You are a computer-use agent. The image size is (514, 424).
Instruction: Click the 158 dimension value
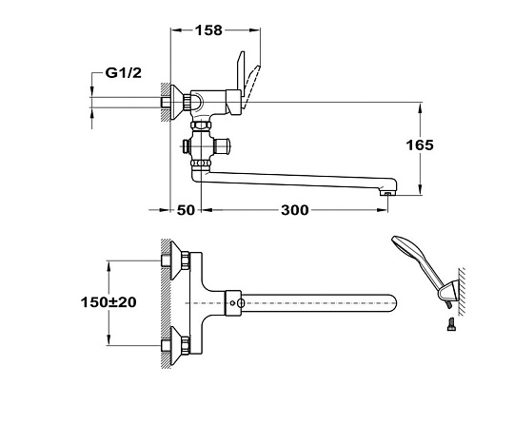208,30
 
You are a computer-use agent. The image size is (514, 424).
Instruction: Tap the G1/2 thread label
123,72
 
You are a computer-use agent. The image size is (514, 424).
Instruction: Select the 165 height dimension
420,145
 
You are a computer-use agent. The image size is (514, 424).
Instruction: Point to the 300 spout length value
295,210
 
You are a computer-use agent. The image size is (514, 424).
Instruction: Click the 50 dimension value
186,210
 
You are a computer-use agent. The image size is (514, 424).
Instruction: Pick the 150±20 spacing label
109,302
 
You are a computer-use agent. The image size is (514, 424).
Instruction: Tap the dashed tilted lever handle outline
251,87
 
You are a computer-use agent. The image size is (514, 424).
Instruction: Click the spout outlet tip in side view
387,194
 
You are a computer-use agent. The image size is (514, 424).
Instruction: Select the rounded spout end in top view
393,303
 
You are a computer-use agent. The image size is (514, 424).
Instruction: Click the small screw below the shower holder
451,324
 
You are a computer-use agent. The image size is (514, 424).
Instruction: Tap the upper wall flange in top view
176,260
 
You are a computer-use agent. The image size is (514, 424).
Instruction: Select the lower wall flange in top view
176,345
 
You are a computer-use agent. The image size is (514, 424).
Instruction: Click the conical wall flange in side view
176,103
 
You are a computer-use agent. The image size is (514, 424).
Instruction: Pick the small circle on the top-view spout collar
232,303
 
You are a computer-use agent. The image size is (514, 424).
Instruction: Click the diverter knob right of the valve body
222,145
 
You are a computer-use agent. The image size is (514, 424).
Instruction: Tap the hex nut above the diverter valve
202,125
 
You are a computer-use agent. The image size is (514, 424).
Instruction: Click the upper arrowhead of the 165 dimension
421,107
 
